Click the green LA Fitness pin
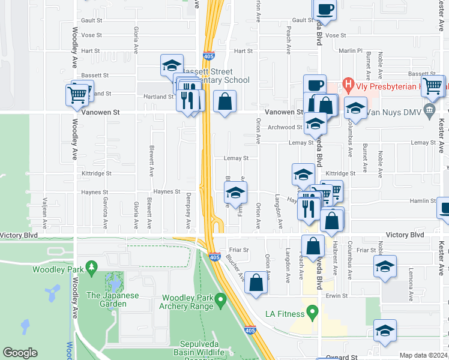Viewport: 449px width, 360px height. click(x=312, y=311)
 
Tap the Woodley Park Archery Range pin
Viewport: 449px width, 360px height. click(x=220, y=298)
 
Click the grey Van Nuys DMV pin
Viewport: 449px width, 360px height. click(x=429, y=110)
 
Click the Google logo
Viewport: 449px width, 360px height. click(x=20, y=353)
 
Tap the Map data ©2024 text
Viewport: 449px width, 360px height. click(x=423, y=355)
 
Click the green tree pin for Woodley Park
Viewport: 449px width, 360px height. click(x=91, y=266)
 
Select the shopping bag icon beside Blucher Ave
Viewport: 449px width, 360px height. click(x=256, y=284)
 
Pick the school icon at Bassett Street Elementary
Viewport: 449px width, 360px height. click(x=172, y=65)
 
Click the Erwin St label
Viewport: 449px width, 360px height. click(x=337, y=296)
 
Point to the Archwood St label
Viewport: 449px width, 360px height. click(x=285, y=127)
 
